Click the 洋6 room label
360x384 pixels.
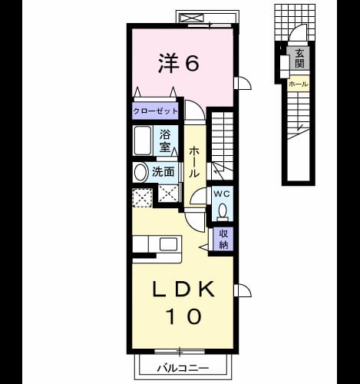(179, 64)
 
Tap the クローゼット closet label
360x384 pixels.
(155, 111)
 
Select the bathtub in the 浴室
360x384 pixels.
(143, 141)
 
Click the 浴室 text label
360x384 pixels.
(165, 141)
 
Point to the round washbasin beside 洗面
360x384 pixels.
(140, 172)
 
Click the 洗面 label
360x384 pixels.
(163, 172)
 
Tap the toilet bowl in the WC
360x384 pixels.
(223, 210)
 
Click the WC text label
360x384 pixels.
(222, 194)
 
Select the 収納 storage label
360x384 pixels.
(223, 239)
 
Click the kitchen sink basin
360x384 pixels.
(169, 244)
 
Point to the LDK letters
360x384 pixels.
(183, 289)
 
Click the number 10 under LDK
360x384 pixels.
(183, 316)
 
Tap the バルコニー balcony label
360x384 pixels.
(183, 369)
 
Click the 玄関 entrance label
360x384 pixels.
(299, 58)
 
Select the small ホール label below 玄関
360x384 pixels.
(298, 84)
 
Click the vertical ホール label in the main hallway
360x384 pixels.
(194, 162)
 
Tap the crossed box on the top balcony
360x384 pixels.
(191, 18)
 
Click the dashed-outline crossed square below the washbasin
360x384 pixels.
(142, 198)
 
